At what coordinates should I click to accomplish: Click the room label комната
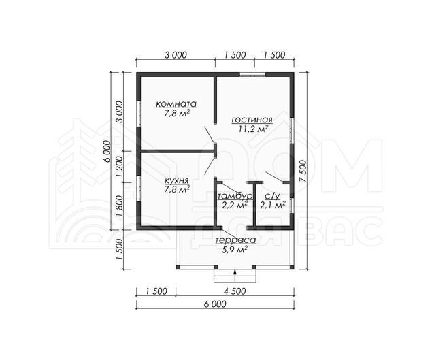pyautogui.click(x=176, y=104)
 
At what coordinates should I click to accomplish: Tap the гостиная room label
pyautogui.click(x=252, y=120)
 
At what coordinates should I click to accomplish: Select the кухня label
pyautogui.click(x=177, y=181)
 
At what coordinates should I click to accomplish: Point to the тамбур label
pyautogui.click(x=235, y=196)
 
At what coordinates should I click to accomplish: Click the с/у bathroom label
pyautogui.click(x=272, y=196)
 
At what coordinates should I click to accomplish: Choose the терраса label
pyautogui.click(x=235, y=240)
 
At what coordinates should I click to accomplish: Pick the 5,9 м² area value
pyautogui.click(x=234, y=250)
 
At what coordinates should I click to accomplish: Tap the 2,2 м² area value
pyautogui.click(x=235, y=205)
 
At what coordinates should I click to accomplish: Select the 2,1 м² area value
pyautogui.click(x=273, y=205)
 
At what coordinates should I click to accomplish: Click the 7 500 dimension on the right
pyautogui.click(x=302, y=171)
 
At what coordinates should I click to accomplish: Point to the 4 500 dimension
pyautogui.click(x=234, y=291)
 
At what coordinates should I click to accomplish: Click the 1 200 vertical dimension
pyautogui.click(x=119, y=167)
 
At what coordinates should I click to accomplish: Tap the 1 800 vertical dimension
pyautogui.click(x=119, y=206)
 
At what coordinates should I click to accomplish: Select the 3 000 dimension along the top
pyautogui.click(x=176, y=55)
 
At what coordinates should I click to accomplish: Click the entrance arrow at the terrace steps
pyautogui.click(x=235, y=276)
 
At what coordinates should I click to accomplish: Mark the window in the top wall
pyautogui.click(x=252, y=74)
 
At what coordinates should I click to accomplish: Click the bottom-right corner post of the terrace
pyautogui.click(x=292, y=267)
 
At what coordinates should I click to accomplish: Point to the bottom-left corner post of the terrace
pyautogui.click(x=178, y=267)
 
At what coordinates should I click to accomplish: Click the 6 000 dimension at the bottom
pyautogui.click(x=215, y=304)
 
